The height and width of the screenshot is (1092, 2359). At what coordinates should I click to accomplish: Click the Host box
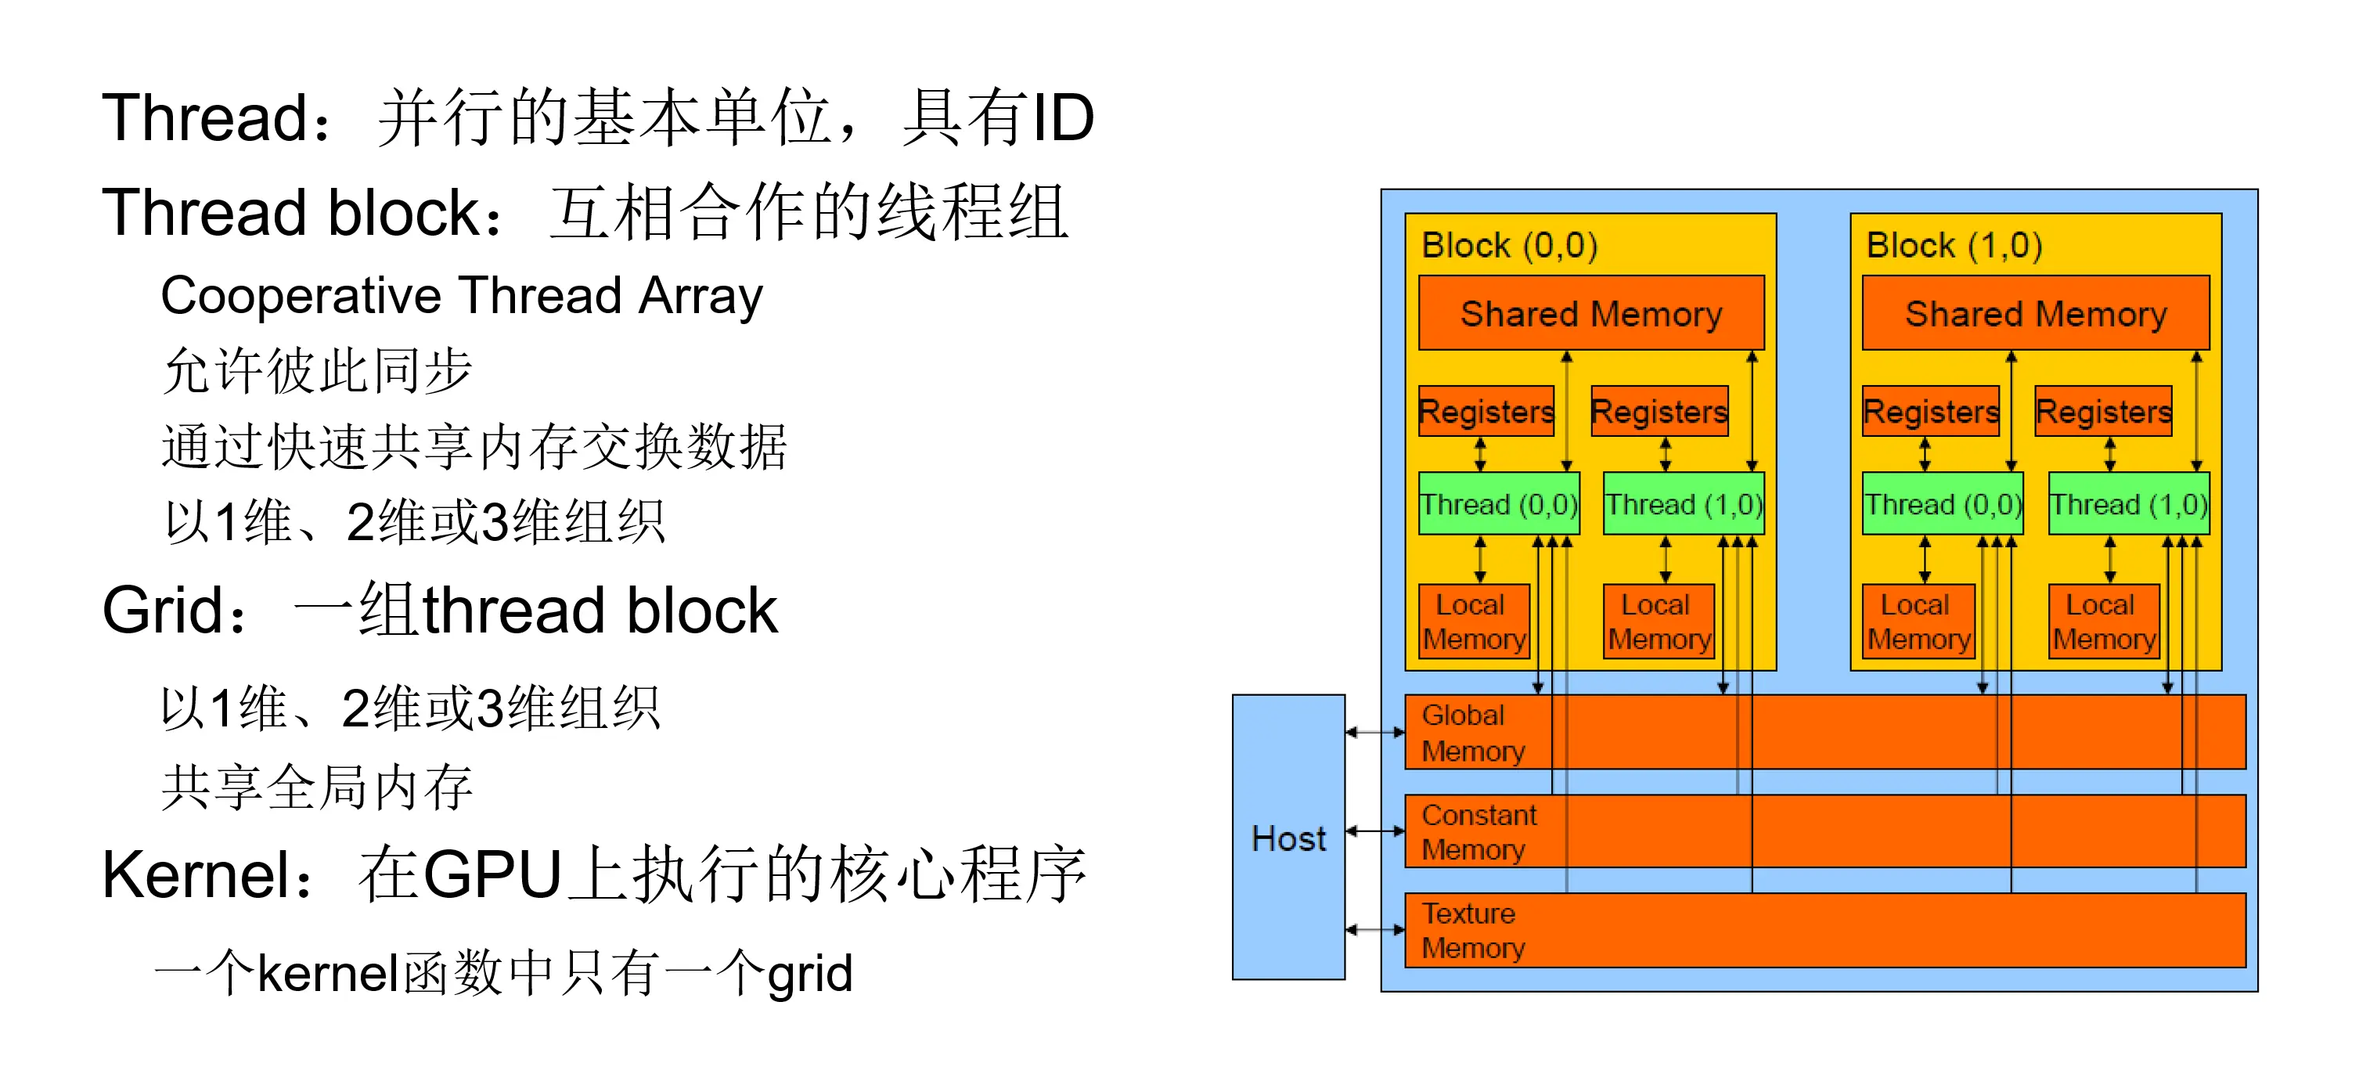click(x=1288, y=838)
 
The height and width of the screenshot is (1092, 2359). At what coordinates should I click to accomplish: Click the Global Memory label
click(x=1472, y=733)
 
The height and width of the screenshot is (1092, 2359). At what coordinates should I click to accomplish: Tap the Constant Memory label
click(x=1478, y=832)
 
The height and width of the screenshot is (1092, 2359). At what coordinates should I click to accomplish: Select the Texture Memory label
click(x=1472, y=931)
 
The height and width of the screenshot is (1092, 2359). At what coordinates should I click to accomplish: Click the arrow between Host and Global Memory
click(x=1374, y=732)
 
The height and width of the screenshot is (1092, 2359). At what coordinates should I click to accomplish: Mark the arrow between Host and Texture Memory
click(x=1374, y=930)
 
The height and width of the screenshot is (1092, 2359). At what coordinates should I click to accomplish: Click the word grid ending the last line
click(x=809, y=975)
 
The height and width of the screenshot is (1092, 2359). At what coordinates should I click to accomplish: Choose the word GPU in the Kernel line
click(x=492, y=875)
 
